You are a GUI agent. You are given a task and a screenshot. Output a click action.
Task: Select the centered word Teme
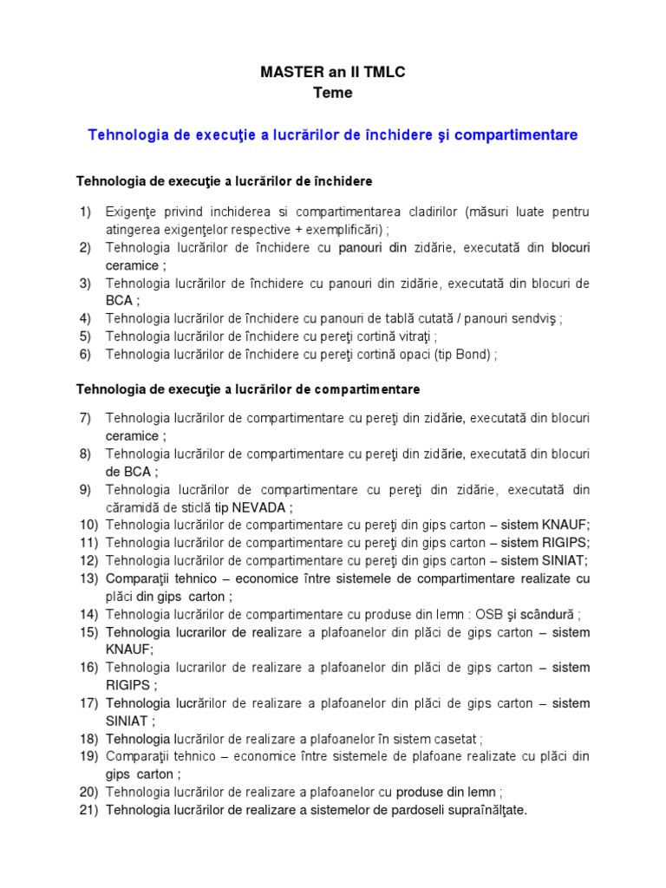333,93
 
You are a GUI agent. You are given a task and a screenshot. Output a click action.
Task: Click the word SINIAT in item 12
564,560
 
